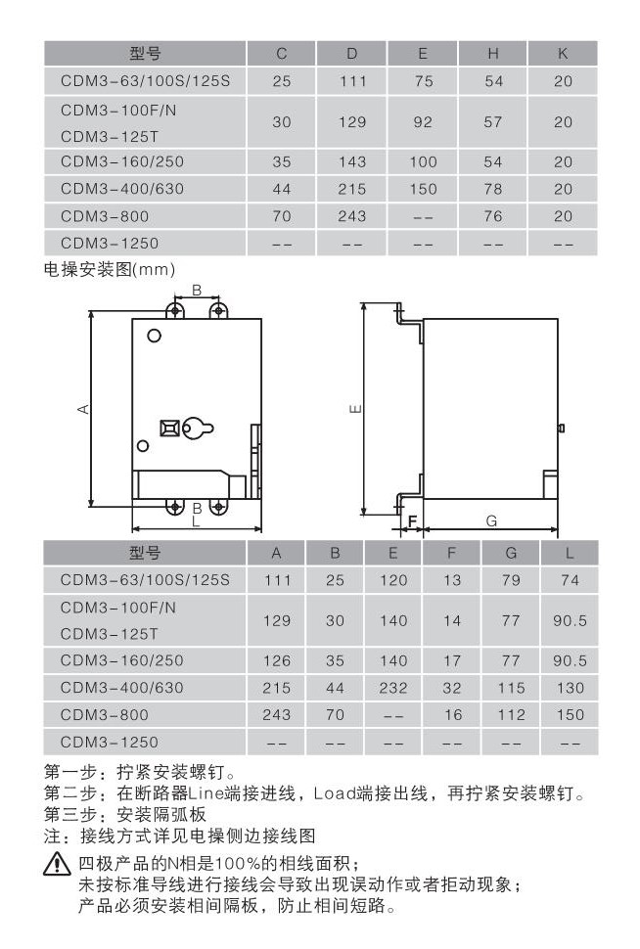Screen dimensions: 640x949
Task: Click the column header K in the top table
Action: tap(563, 54)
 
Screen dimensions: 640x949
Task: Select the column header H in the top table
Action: tap(493, 54)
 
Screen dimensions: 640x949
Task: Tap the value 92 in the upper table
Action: tap(423, 122)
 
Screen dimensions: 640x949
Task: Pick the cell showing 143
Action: tap(351, 162)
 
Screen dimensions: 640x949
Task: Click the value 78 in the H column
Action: tap(493, 190)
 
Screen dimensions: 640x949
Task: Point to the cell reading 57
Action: tap(493, 122)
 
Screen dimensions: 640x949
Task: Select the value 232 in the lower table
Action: tap(393, 688)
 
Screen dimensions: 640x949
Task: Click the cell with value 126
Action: tap(277, 661)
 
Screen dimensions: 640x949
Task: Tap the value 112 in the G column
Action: tap(511, 715)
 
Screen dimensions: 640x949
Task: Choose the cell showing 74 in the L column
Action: tap(570, 580)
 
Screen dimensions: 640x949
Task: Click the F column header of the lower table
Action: tap(452, 553)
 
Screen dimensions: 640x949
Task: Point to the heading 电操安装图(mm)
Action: tap(110, 269)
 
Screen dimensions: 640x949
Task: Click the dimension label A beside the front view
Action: tap(83, 409)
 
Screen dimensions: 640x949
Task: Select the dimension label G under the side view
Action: tap(491, 521)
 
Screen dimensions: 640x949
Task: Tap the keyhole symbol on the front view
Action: tap(198, 429)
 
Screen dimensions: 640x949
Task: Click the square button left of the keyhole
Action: tap(169, 428)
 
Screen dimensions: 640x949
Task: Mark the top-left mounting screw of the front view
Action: tap(175, 311)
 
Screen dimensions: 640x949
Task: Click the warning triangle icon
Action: tap(57, 863)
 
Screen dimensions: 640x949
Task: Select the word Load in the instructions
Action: tap(335, 793)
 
